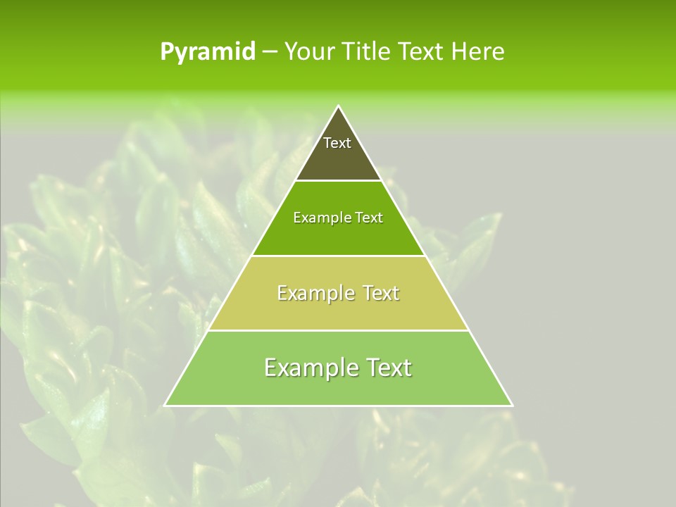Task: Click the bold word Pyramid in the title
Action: [x=208, y=52]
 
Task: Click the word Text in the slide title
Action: [x=421, y=52]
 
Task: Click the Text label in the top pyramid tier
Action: [x=337, y=143]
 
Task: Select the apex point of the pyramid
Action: [x=339, y=106]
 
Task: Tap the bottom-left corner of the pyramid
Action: [x=165, y=405]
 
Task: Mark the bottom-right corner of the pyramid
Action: [x=512, y=405]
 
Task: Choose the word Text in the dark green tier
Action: [x=370, y=218]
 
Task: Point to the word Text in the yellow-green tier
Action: [x=380, y=293]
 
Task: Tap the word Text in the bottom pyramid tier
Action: [x=389, y=368]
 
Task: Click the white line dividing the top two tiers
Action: [x=339, y=180]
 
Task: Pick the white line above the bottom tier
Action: [x=339, y=330]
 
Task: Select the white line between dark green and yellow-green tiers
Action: [x=339, y=256]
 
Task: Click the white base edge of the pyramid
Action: [x=339, y=406]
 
